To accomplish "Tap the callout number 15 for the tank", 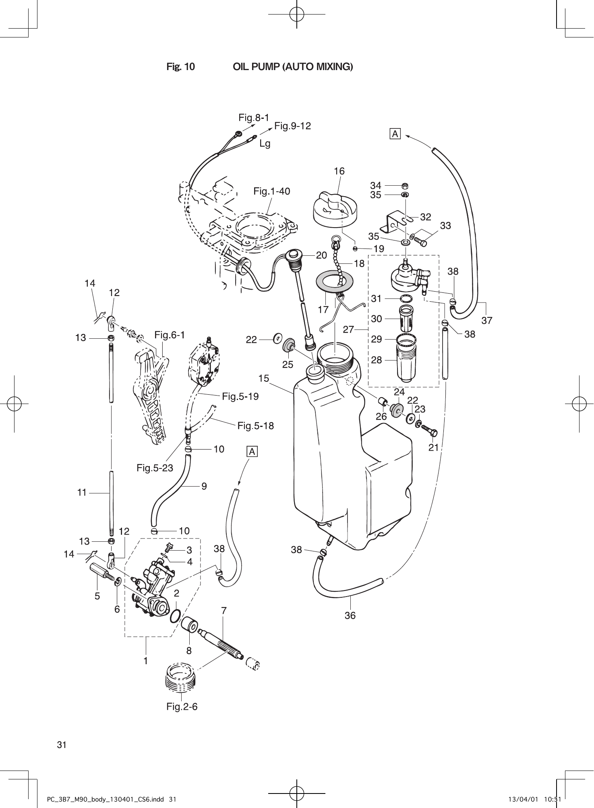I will pyautogui.click(x=264, y=378).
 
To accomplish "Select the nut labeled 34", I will pyautogui.click(x=406, y=186).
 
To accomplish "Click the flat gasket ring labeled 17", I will pyautogui.click(x=334, y=284).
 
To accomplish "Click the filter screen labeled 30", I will pyautogui.click(x=406, y=318).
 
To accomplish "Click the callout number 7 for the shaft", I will pyautogui.click(x=224, y=611).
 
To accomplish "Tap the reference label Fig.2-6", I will pyautogui.click(x=182, y=707).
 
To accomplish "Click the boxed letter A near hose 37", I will pyautogui.click(x=395, y=134).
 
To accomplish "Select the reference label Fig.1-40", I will pyautogui.click(x=272, y=191).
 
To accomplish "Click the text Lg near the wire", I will pyautogui.click(x=265, y=143).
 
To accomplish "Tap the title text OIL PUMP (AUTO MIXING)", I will pyautogui.click(x=293, y=66).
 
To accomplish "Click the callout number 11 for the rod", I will pyautogui.click(x=82, y=492).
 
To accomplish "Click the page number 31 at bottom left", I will pyautogui.click(x=62, y=745).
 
